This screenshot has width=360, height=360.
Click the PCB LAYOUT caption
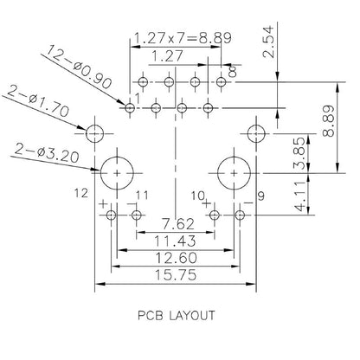(177, 316)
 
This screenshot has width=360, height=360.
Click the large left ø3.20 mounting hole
(116, 172)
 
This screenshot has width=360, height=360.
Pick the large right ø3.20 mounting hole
(234, 172)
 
